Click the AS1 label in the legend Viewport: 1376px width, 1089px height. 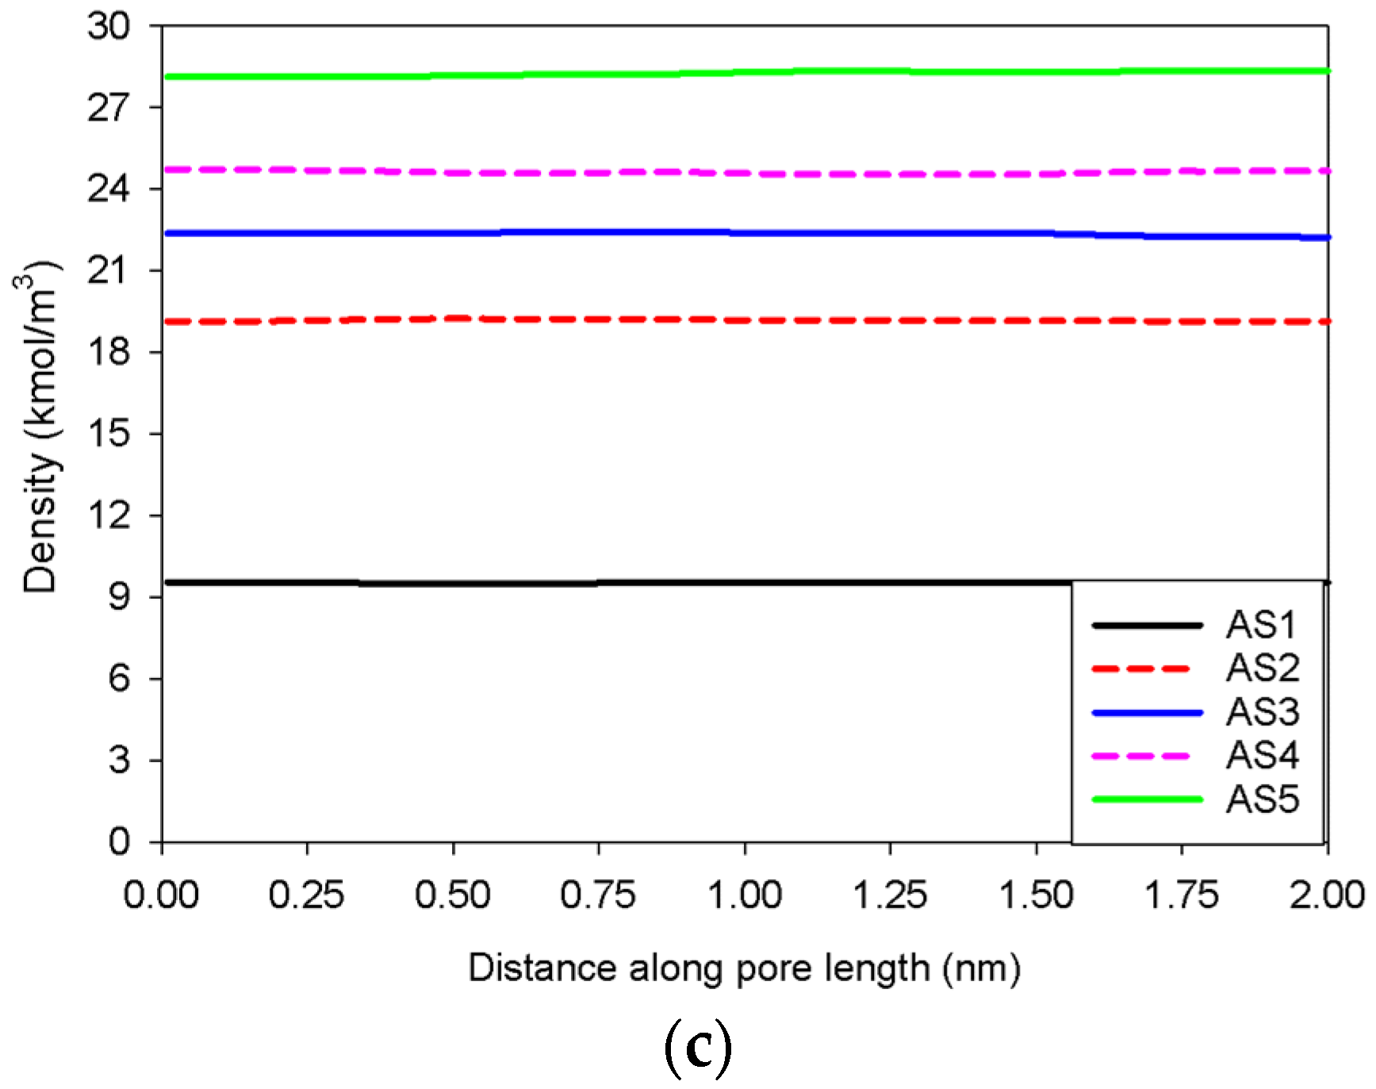pyautogui.click(x=1261, y=625)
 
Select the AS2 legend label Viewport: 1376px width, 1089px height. pyautogui.click(x=1263, y=668)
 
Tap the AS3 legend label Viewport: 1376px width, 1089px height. pyautogui.click(x=1263, y=711)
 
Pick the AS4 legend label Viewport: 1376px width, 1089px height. pyautogui.click(x=1263, y=755)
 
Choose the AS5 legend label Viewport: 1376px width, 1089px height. pyautogui.click(x=1263, y=799)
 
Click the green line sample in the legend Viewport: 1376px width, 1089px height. pyautogui.click(x=1147, y=799)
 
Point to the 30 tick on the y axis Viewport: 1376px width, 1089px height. pyautogui.click(x=109, y=26)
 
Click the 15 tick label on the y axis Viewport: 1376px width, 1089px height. pyautogui.click(x=109, y=434)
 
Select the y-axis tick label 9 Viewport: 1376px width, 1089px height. pyautogui.click(x=119, y=596)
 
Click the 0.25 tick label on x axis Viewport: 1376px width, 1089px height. pyautogui.click(x=307, y=896)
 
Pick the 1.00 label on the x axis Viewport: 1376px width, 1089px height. pyautogui.click(x=745, y=896)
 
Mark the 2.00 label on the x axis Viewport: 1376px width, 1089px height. pyautogui.click(x=1327, y=896)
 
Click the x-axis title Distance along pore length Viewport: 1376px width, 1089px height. pyautogui.click(x=744, y=968)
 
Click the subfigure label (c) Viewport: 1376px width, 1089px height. pyautogui.click(x=697, y=1049)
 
